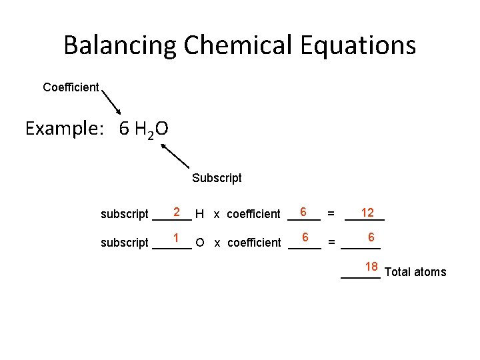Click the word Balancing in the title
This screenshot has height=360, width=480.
pyautogui.click(x=120, y=45)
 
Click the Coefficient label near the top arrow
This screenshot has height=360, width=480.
pyautogui.click(x=71, y=87)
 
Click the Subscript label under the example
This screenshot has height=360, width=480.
pyautogui.click(x=217, y=178)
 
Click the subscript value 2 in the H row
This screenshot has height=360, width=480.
pyautogui.click(x=177, y=212)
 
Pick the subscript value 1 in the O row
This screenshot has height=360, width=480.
pyautogui.click(x=176, y=238)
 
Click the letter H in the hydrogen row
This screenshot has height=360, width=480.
pyautogui.click(x=199, y=214)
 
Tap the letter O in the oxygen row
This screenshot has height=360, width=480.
pyautogui.click(x=200, y=243)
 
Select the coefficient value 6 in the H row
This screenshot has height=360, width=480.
pyautogui.click(x=303, y=212)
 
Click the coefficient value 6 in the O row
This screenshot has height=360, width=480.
pyautogui.click(x=305, y=238)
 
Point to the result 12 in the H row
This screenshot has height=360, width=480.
pyautogui.click(x=367, y=213)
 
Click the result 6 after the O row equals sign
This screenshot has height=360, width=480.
pyautogui.click(x=371, y=238)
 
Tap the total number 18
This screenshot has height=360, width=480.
pyautogui.click(x=371, y=267)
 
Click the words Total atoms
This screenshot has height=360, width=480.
pyautogui.click(x=416, y=272)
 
